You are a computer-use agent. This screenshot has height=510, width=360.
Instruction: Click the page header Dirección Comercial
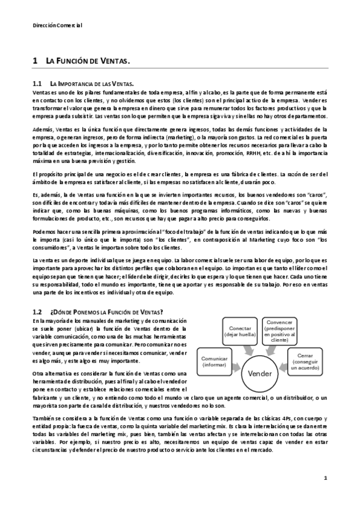(x=57, y=26)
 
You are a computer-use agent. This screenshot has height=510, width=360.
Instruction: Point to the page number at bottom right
(x=325, y=478)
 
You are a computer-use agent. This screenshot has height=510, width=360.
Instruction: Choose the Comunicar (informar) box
(x=215, y=361)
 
